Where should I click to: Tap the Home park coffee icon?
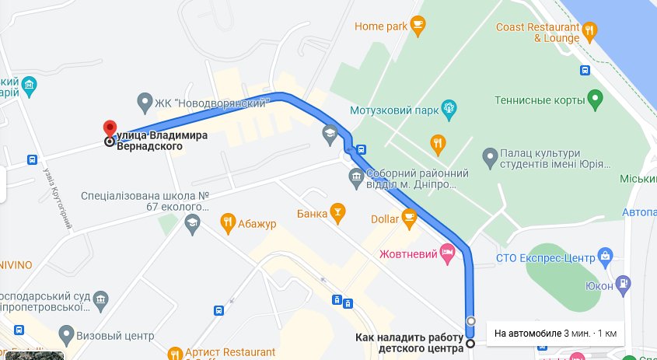pos(418,26)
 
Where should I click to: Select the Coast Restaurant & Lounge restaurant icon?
pos(590,32)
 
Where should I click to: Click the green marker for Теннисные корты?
pos(595,100)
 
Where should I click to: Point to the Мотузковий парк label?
pos(393,110)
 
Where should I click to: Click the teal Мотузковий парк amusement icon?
pos(448,107)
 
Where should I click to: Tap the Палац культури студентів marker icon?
pos(490,158)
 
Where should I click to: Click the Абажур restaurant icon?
pos(228,224)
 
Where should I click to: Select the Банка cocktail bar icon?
pos(337,211)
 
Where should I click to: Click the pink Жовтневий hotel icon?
pos(446,251)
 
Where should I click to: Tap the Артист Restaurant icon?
pos(174,352)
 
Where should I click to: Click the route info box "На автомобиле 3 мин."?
pos(555,333)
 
